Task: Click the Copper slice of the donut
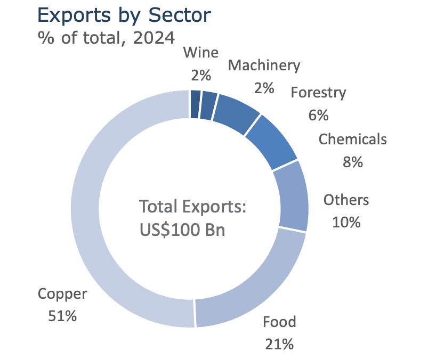point(85,213)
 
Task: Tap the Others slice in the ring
point(295,195)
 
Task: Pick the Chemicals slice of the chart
point(272,142)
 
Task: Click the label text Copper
point(62,294)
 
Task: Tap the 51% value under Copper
point(62,316)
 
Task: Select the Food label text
point(279,322)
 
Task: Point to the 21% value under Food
point(279,344)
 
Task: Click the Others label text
point(346,200)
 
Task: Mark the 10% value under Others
point(346,222)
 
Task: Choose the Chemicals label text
point(353,140)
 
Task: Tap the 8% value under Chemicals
point(353,161)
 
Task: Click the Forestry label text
point(318,93)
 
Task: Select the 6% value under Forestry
point(318,114)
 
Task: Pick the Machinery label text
point(264,65)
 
